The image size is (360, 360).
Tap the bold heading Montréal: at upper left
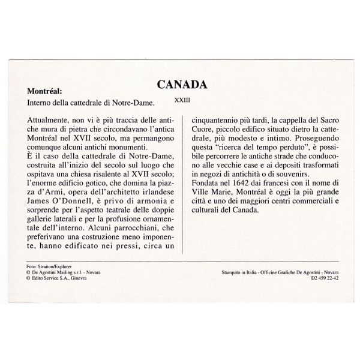pos(46,92)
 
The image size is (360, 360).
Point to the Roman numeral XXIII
pos(182,101)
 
